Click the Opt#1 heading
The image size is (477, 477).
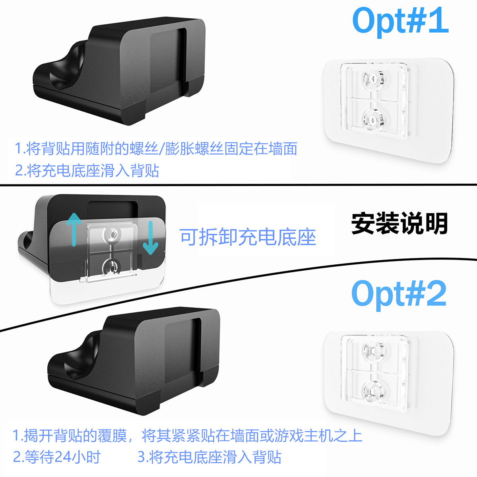(400, 22)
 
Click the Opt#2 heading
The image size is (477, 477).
(399, 295)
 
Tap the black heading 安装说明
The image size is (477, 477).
(399, 223)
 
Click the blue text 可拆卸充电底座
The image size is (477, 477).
(248, 237)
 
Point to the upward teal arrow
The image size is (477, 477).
(74, 230)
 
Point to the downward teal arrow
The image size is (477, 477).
(151, 238)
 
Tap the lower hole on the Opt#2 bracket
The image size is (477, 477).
(373, 392)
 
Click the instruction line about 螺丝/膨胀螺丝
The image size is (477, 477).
(156, 149)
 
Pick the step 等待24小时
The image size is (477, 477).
(57, 457)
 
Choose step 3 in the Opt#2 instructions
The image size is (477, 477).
(209, 457)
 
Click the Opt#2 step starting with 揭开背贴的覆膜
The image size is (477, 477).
(187, 436)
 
